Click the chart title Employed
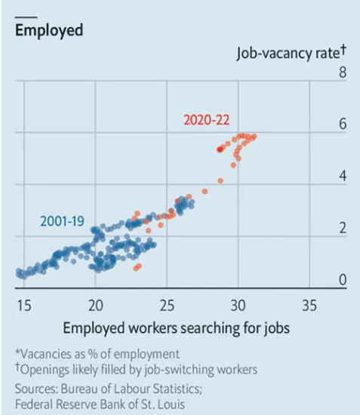49,31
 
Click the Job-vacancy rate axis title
291,52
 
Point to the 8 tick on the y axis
343,72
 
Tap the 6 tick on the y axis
343,124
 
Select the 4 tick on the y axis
343,176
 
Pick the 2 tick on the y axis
343,228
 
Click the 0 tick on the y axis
343,279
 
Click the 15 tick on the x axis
24,306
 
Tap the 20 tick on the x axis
96,306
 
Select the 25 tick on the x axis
167,306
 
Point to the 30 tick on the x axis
238,306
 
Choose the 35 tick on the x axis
309,306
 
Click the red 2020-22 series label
207,120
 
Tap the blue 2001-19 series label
62,221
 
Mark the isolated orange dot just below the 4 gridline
205,192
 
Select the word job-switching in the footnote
179,370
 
